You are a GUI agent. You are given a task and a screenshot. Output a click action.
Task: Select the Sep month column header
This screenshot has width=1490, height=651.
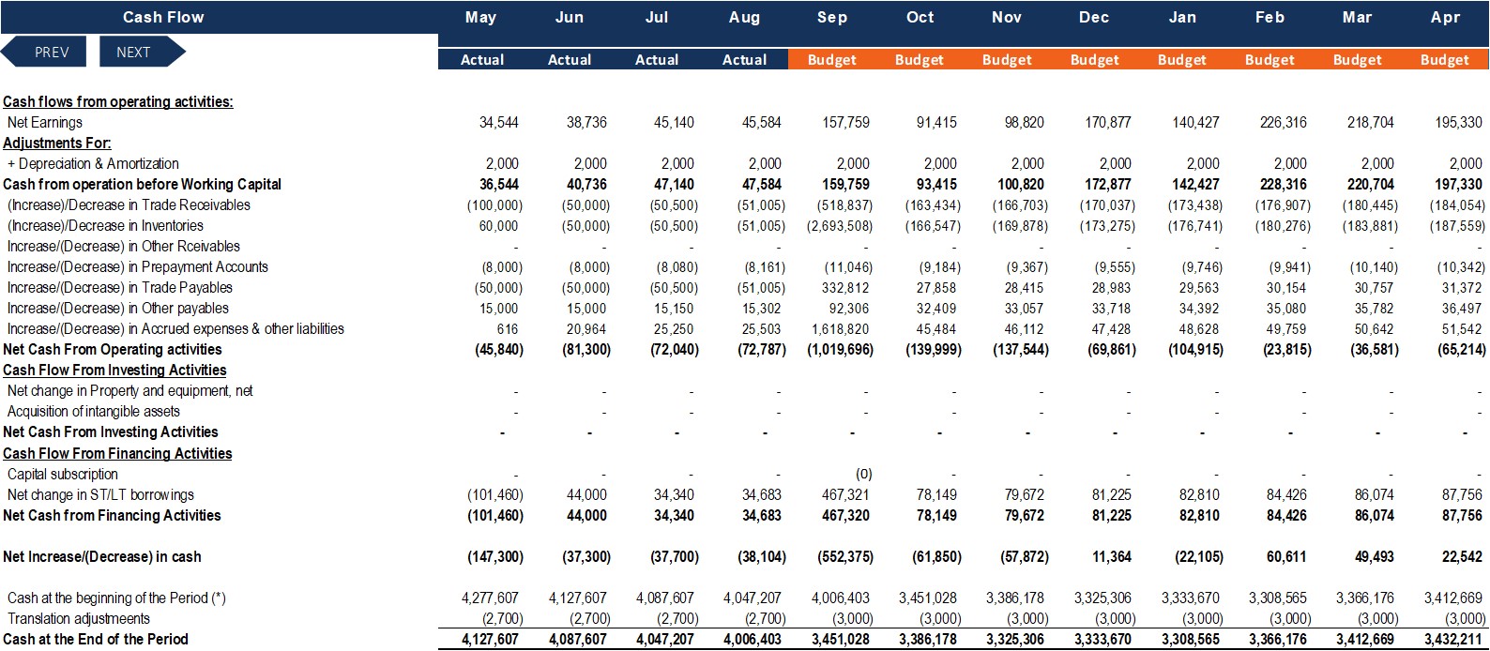coord(832,17)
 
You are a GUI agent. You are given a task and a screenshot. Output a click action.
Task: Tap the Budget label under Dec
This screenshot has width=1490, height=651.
coord(1094,60)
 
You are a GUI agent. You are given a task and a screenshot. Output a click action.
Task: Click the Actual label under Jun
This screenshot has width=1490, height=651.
coord(570,60)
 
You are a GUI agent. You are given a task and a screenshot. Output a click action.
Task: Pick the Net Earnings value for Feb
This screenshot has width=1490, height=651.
coord(1284,122)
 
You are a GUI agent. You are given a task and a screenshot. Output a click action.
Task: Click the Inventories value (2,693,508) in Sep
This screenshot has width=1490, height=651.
coord(840,226)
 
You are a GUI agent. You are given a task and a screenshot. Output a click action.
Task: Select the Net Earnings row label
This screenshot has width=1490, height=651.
coord(44,122)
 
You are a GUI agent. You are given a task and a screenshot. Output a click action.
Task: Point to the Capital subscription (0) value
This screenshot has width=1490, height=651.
coord(863,474)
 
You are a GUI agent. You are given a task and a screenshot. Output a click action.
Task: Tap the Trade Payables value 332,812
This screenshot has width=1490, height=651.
coord(844,288)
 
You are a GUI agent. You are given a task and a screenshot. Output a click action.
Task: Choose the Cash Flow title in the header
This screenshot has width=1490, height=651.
coord(163,17)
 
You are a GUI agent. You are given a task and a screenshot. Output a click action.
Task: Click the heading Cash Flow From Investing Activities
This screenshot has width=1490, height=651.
coord(114,371)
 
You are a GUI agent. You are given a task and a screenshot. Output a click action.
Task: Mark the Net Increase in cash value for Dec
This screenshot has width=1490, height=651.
coord(1112,556)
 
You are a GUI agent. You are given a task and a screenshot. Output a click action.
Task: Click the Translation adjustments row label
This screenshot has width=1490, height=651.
coord(79,618)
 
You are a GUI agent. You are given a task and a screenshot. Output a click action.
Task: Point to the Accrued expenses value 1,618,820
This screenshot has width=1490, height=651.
coord(840,329)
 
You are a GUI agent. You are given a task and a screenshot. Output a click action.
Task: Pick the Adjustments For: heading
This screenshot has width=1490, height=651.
coord(57,143)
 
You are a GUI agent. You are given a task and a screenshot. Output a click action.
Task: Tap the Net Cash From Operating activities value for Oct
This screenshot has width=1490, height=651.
coord(934,350)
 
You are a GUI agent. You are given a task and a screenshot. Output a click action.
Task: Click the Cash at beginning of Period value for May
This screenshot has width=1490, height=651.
coord(490,598)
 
